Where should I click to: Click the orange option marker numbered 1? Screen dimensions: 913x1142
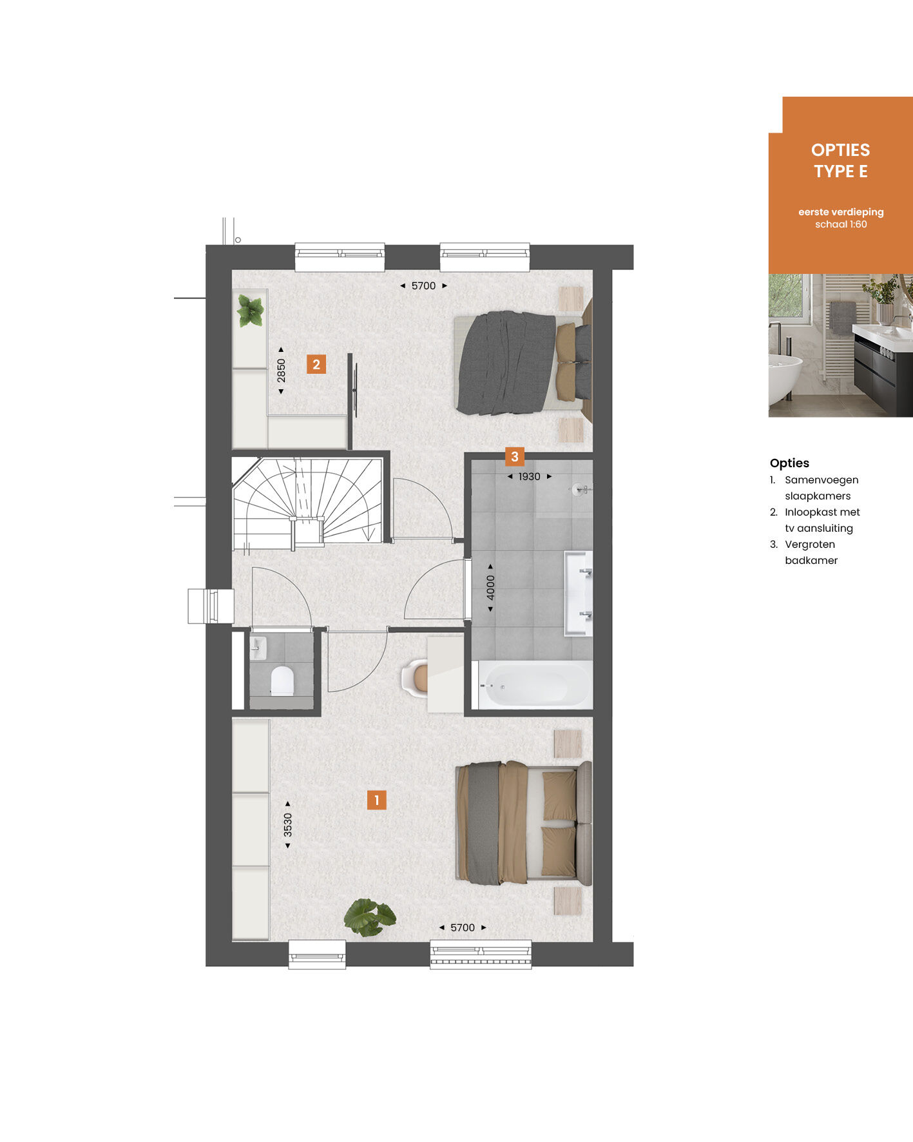click(376, 800)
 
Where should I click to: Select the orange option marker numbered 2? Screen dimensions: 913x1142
click(316, 364)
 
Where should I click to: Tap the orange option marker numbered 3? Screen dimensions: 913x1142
click(514, 457)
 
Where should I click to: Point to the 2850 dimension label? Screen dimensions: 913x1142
click(281, 371)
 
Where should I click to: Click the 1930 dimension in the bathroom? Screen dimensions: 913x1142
click(530, 477)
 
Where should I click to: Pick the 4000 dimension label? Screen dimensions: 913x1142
click(491, 588)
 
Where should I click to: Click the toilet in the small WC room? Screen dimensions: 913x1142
click(282, 681)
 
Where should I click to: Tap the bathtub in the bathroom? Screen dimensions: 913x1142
click(533, 685)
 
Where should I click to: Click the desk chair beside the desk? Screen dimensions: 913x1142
click(415, 679)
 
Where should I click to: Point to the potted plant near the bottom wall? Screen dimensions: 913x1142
click(369, 916)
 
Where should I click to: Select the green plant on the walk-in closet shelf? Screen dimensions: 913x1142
click(251, 311)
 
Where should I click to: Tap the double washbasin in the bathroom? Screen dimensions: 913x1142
click(579, 593)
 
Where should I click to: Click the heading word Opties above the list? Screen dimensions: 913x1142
click(789, 463)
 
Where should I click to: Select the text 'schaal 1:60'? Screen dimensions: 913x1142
click(841, 224)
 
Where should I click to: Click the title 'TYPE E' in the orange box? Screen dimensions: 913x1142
click(841, 171)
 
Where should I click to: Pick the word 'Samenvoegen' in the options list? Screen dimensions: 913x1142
click(822, 480)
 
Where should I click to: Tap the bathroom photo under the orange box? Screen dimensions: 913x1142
click(841, 345)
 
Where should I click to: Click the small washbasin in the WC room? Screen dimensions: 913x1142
click(258, 648)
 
